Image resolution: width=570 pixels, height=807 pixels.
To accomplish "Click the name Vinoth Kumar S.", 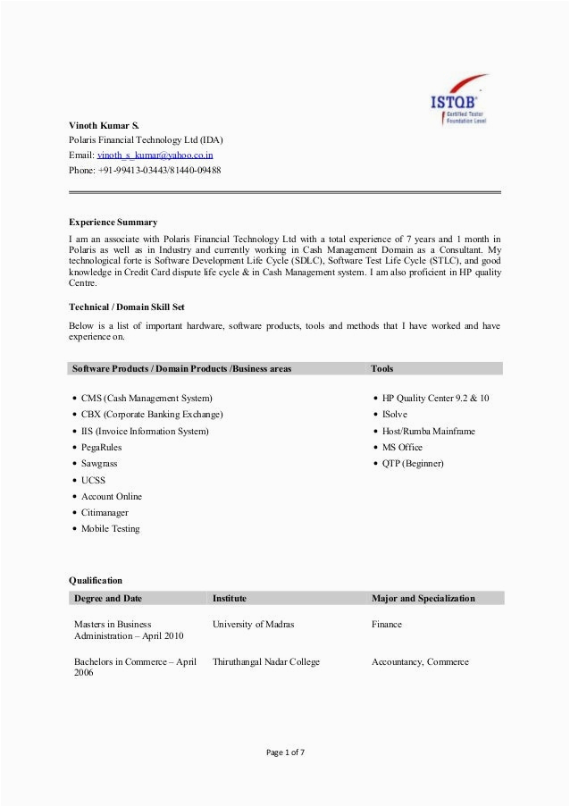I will click(x=105, y=123).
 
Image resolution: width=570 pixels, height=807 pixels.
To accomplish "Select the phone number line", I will click(x=146, y=170).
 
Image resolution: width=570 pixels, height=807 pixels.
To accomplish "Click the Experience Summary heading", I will click(x=113, y=221).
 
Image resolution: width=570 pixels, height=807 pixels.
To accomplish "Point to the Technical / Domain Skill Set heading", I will click(x=127, y=307).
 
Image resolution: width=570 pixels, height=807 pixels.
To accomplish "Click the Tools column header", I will click(x=382, y=368).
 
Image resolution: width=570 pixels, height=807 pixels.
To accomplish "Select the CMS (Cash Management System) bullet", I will click(x=147, y=399).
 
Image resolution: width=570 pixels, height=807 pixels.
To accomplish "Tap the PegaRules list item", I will click(x=102, y=447).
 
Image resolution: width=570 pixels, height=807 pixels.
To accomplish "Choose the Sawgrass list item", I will click(x=99, y=464).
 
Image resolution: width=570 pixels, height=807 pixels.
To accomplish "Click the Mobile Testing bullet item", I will click(x=111, y=529).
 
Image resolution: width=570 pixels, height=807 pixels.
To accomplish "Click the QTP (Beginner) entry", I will click(x=413, y=464).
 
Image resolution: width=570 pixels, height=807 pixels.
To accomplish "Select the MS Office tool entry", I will click(x=402, y=447).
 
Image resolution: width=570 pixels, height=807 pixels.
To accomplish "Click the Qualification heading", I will click(x=96, y=580).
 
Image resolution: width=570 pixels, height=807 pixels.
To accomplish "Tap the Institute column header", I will click(x=230, y=598).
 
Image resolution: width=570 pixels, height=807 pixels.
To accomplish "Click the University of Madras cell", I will click(x=253, y=624).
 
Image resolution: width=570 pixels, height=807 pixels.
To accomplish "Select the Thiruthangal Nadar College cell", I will click(x=266, y=662).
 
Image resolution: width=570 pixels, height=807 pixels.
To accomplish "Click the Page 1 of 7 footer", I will click(x=284, y=752).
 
